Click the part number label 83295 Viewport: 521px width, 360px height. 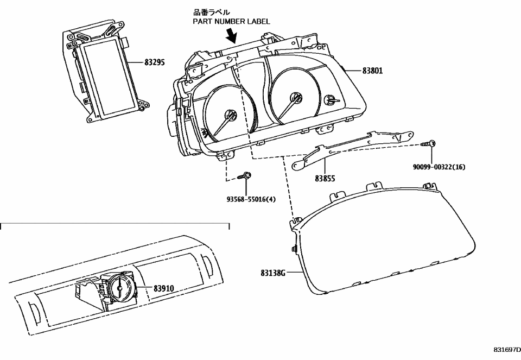tap(156, 63)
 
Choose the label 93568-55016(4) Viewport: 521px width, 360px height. tap(251, 199)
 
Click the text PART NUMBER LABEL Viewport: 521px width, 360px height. tap(232, 21)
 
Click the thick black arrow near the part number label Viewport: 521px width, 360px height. tap(232, 36)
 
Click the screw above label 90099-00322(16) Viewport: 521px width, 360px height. tap(431, 143)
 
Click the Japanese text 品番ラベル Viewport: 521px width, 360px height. tap(208, 11)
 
